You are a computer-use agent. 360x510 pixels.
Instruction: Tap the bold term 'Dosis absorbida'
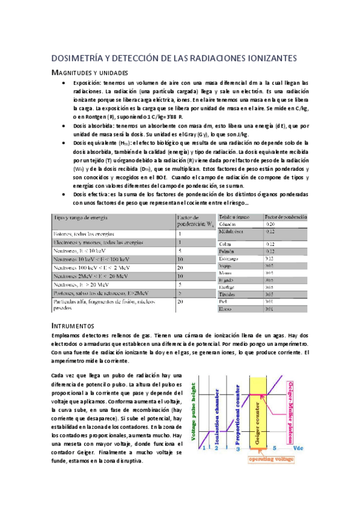92,126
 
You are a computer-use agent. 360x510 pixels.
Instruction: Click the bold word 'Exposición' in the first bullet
88,82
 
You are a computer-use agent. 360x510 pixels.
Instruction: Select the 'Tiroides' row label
227,295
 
